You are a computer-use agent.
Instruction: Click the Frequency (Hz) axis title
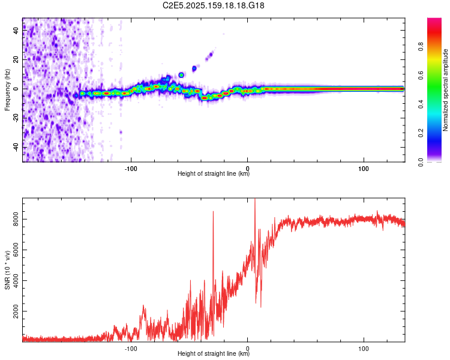[x=7, y=90]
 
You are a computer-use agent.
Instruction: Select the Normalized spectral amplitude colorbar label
[x=445, y=90]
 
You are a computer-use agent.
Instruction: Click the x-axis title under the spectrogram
[x=214, y=174]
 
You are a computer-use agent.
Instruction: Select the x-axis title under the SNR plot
[x=214, y=354]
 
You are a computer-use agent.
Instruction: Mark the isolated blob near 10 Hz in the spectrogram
[x=181, y=75]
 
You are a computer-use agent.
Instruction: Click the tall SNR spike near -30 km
[x=213, y=212]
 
